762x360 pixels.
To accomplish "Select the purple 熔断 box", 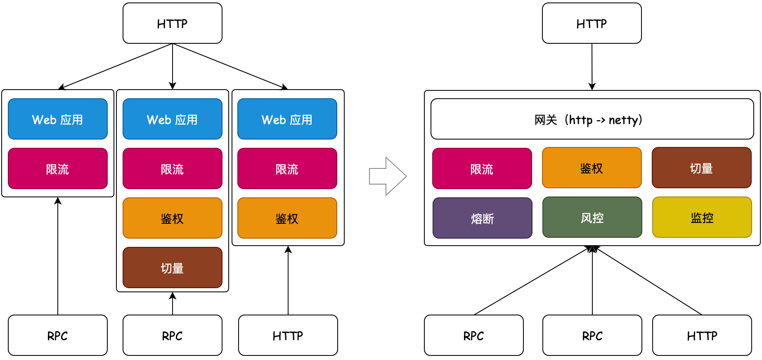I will pyautogui.click(x=482, y=218).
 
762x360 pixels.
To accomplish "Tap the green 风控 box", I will pyautogui.click(x=592, y=217).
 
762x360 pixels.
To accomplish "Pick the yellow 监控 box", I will pyautogui.click(x=702, y=217).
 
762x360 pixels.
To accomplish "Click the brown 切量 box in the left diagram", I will pyautogui.click(x=172, y=268).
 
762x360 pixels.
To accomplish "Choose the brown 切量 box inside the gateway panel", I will pyautogui.click(x=701, y=168).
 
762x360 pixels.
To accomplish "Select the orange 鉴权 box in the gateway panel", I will pyautogui.click(x=592, y=168).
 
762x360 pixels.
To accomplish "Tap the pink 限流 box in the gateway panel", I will pyautogui.click(x=482, y=168).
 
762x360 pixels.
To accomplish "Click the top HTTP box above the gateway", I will pyautogui.click(x=592, y=23).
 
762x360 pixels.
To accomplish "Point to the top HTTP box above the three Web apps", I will pyautogui.click(x=172, y=23).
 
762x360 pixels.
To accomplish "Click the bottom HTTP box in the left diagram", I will pyautogui.click(x=288, y=335).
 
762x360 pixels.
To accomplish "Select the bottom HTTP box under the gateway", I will pyautogui.click(x=702, y=335).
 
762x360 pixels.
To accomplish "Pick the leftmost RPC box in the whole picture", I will pyautogui.click(x=57, y=335).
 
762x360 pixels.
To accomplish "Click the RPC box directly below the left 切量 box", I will pyautogui.click(x=172, y=335).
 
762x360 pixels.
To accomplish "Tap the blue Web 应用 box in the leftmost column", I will pyautogui.click(x=57, y=119).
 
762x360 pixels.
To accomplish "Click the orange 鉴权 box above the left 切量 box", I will pyautogui.click(x=172, y=218).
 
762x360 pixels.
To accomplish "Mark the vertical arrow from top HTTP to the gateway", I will pyautogui.click(x=592, y=66).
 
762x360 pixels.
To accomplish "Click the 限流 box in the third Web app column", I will pyautogui.click(x=287, y=168).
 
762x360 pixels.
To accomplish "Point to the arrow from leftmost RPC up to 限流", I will pyautogui.click(x=58, y=256).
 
